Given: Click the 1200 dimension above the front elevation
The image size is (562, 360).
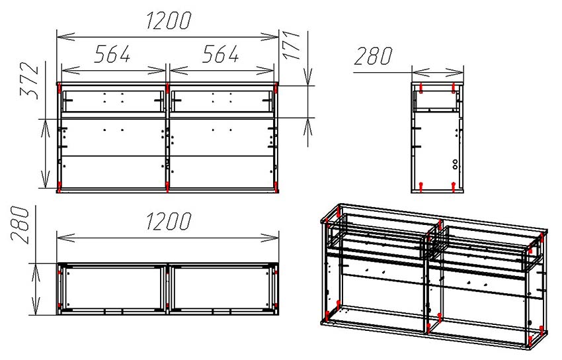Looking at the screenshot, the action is point(169,21).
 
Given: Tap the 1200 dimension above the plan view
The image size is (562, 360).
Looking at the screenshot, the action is point(169,221).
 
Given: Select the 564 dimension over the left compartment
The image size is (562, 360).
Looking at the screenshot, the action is point(112,54).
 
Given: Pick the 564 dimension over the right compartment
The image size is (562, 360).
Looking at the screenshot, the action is point(220,54).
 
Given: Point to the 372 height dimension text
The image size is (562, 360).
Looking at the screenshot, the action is point(29,81).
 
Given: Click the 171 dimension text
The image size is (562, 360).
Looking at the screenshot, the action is point(291,45).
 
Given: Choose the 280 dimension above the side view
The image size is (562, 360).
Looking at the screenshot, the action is point(373,56).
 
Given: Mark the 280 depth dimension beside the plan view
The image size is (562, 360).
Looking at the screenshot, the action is point(20,225).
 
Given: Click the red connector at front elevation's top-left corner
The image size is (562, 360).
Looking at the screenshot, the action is point(59,88).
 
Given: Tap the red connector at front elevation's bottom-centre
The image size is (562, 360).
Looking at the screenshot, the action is point(167,187).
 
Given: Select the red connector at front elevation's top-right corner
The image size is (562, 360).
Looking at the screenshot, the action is point(276,88).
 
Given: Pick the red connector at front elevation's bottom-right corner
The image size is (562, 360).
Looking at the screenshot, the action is point(276,187).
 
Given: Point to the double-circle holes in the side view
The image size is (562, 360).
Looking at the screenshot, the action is point(455,164).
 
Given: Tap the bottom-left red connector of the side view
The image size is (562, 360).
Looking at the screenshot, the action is point(421,187).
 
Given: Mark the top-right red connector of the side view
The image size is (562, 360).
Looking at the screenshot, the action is point(454,87).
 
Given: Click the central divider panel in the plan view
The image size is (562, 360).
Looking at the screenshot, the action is point(167,289).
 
